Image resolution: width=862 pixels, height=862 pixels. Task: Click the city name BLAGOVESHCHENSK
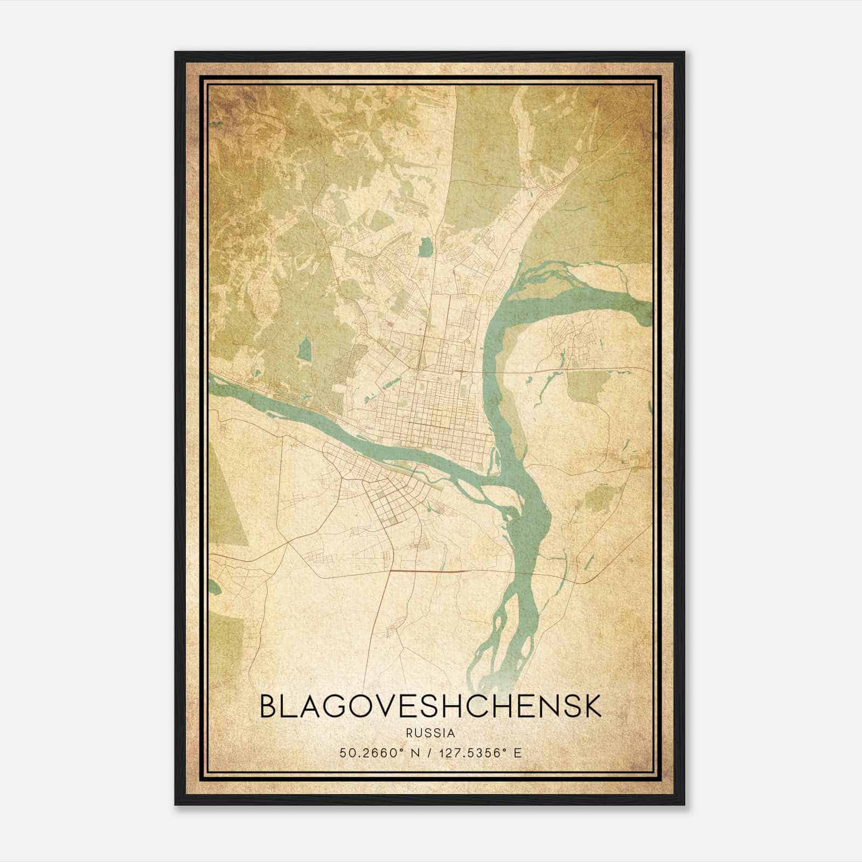tap(430, 707)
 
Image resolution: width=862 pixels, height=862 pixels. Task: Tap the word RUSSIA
tap(430, 733)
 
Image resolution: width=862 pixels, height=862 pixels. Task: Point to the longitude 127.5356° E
tap(481, 753)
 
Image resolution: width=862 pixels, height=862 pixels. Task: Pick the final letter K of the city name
tap(592, 707)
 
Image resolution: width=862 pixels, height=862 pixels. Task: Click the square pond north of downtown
tap(425, 248)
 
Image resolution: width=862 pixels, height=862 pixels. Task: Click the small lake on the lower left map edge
tap(214, 588)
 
